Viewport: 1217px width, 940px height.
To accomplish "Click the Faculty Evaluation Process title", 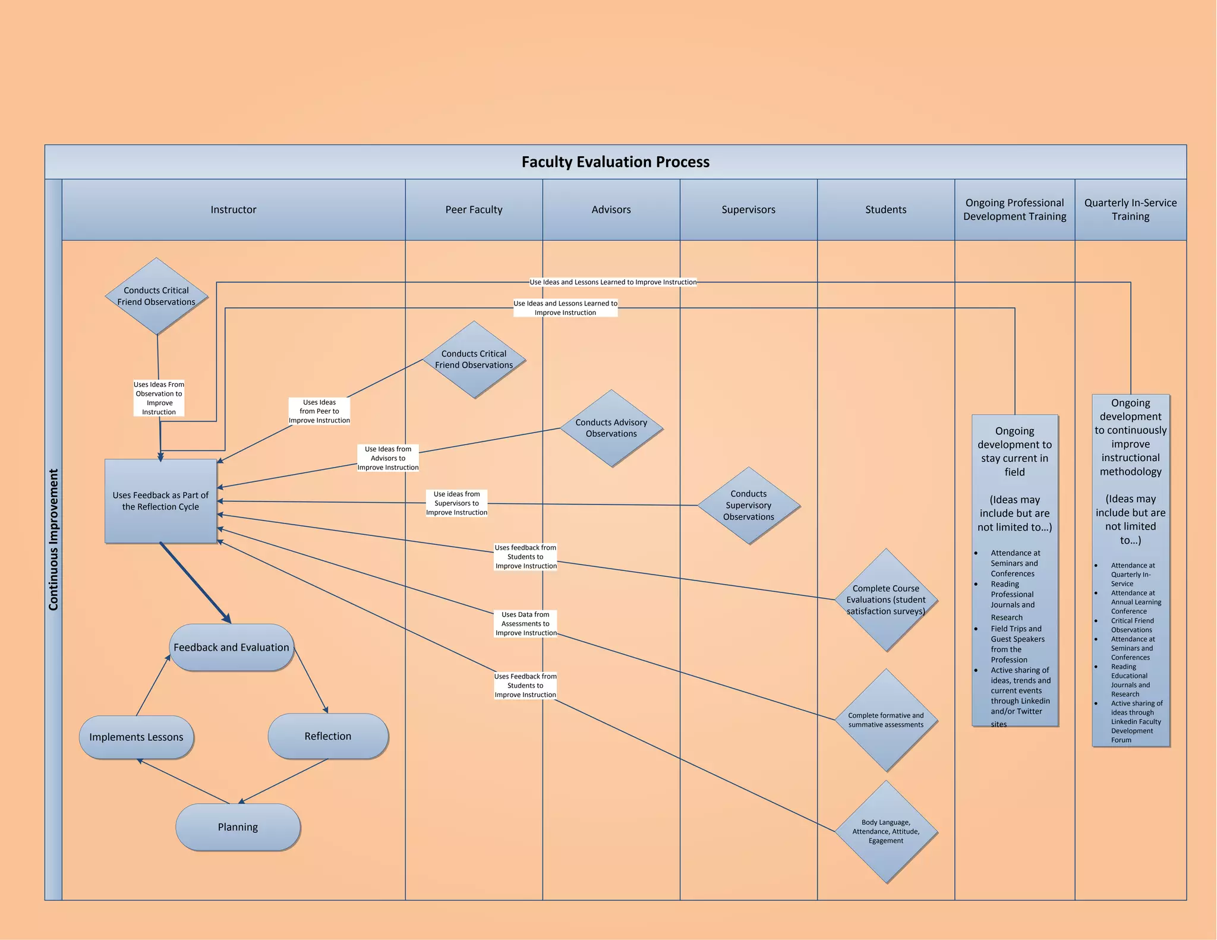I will pyautogui.click(x=615, y=162).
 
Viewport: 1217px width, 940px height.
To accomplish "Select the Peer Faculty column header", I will pyautogui.click(x=474, y=210).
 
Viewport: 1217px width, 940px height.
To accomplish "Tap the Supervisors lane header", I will pyautogui.click(x=748, y=210).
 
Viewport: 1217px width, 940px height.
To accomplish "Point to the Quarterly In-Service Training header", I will pyautogui.click(x=1130, y=210).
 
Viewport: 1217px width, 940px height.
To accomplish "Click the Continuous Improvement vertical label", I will pyautogui.click(x=53, y=539).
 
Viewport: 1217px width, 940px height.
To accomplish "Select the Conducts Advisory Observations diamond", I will pyautogui.click(x=611, y=428).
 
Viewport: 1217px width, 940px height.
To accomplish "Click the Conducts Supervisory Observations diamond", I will pyautogui.click(x=748, y=505).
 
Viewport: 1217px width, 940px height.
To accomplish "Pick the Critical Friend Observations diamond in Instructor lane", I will pyautogui.click(x=156, y=296).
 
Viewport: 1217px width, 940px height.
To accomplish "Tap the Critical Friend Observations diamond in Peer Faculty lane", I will pyautogui.click(x=474, y=359).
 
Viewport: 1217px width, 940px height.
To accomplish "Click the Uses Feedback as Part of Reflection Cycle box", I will pyautogui.click(x=160, y=501).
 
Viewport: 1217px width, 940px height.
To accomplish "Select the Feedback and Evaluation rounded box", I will pyautogui.click(x=231, y=647).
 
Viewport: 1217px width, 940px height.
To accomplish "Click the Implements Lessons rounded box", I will pyautogui.click(x=136, y=737).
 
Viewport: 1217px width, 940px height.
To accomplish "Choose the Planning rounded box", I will pyautogui.click(x=238, y=827).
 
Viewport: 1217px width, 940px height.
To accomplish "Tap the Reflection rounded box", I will pyautogui.click(x=328, y=736).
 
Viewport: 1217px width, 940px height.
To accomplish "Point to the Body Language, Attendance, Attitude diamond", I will pyautogui.click(x=885, y=831).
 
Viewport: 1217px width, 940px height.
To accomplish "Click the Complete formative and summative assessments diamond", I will pyautogui.click(x=885, y=720).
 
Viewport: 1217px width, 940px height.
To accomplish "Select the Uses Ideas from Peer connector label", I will pyautogui.click(x=319, y=411).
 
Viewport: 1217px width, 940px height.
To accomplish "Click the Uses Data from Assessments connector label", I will pyautogui.click(x=526, y=624).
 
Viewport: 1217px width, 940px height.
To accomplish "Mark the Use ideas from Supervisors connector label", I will pyautogui.click(x=456, y=503).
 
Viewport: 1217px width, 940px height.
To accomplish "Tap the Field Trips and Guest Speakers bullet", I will pyautogui.click(x=1017, y=644).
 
